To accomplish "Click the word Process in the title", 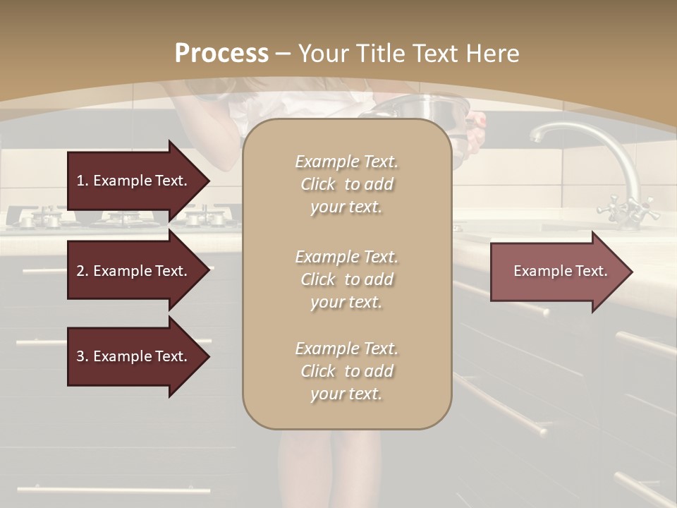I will point(221,53).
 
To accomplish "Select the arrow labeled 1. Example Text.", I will point(134,181).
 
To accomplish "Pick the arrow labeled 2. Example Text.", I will point(134,271).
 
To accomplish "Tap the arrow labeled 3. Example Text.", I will point(134,356).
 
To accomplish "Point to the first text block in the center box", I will point(346,184).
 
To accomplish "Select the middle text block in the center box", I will point(346,279).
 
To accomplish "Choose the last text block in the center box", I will point(346,371).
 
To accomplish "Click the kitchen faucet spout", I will point(564,130).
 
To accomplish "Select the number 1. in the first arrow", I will point(82,181).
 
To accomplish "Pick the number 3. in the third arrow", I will point(82,356).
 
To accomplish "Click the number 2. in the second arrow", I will point(82,271).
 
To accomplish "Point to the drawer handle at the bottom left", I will point(113,489).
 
